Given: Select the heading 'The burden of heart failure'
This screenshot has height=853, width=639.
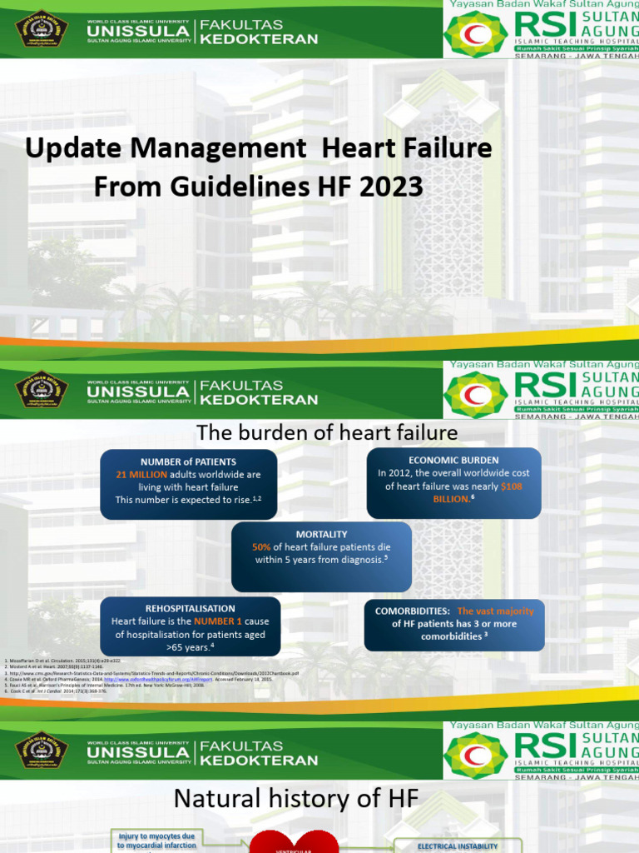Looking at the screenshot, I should click(326, 432).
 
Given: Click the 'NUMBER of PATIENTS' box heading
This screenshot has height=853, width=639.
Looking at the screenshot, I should click(188, 461).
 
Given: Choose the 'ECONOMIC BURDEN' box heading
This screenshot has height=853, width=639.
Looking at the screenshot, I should click(453, 460).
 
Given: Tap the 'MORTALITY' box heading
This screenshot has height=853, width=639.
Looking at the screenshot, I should click(321, 534).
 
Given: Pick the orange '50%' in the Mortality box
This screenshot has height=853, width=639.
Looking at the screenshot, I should click(261, 547).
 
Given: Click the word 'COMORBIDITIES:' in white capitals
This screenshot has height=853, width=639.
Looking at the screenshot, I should click(413, 611).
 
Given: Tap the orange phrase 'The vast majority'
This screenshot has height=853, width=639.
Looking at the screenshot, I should click(495, 611).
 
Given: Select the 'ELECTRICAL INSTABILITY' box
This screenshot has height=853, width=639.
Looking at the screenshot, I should click(458, 846).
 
